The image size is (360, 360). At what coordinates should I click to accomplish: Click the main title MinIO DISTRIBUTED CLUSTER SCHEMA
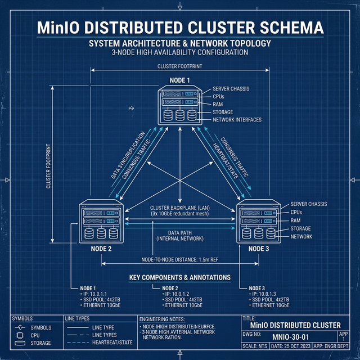[179, 28]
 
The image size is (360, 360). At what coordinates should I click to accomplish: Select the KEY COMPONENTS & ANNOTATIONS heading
[179, 277]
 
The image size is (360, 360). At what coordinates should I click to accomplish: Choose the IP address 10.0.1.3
[264, 294]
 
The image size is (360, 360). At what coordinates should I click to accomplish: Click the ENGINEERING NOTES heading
[164, 318]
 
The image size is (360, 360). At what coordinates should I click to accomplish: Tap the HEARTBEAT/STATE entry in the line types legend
[112, 343]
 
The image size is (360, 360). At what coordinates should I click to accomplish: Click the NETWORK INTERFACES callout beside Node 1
[237, 120]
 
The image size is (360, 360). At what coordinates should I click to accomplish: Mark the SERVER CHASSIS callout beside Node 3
[309, 204]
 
